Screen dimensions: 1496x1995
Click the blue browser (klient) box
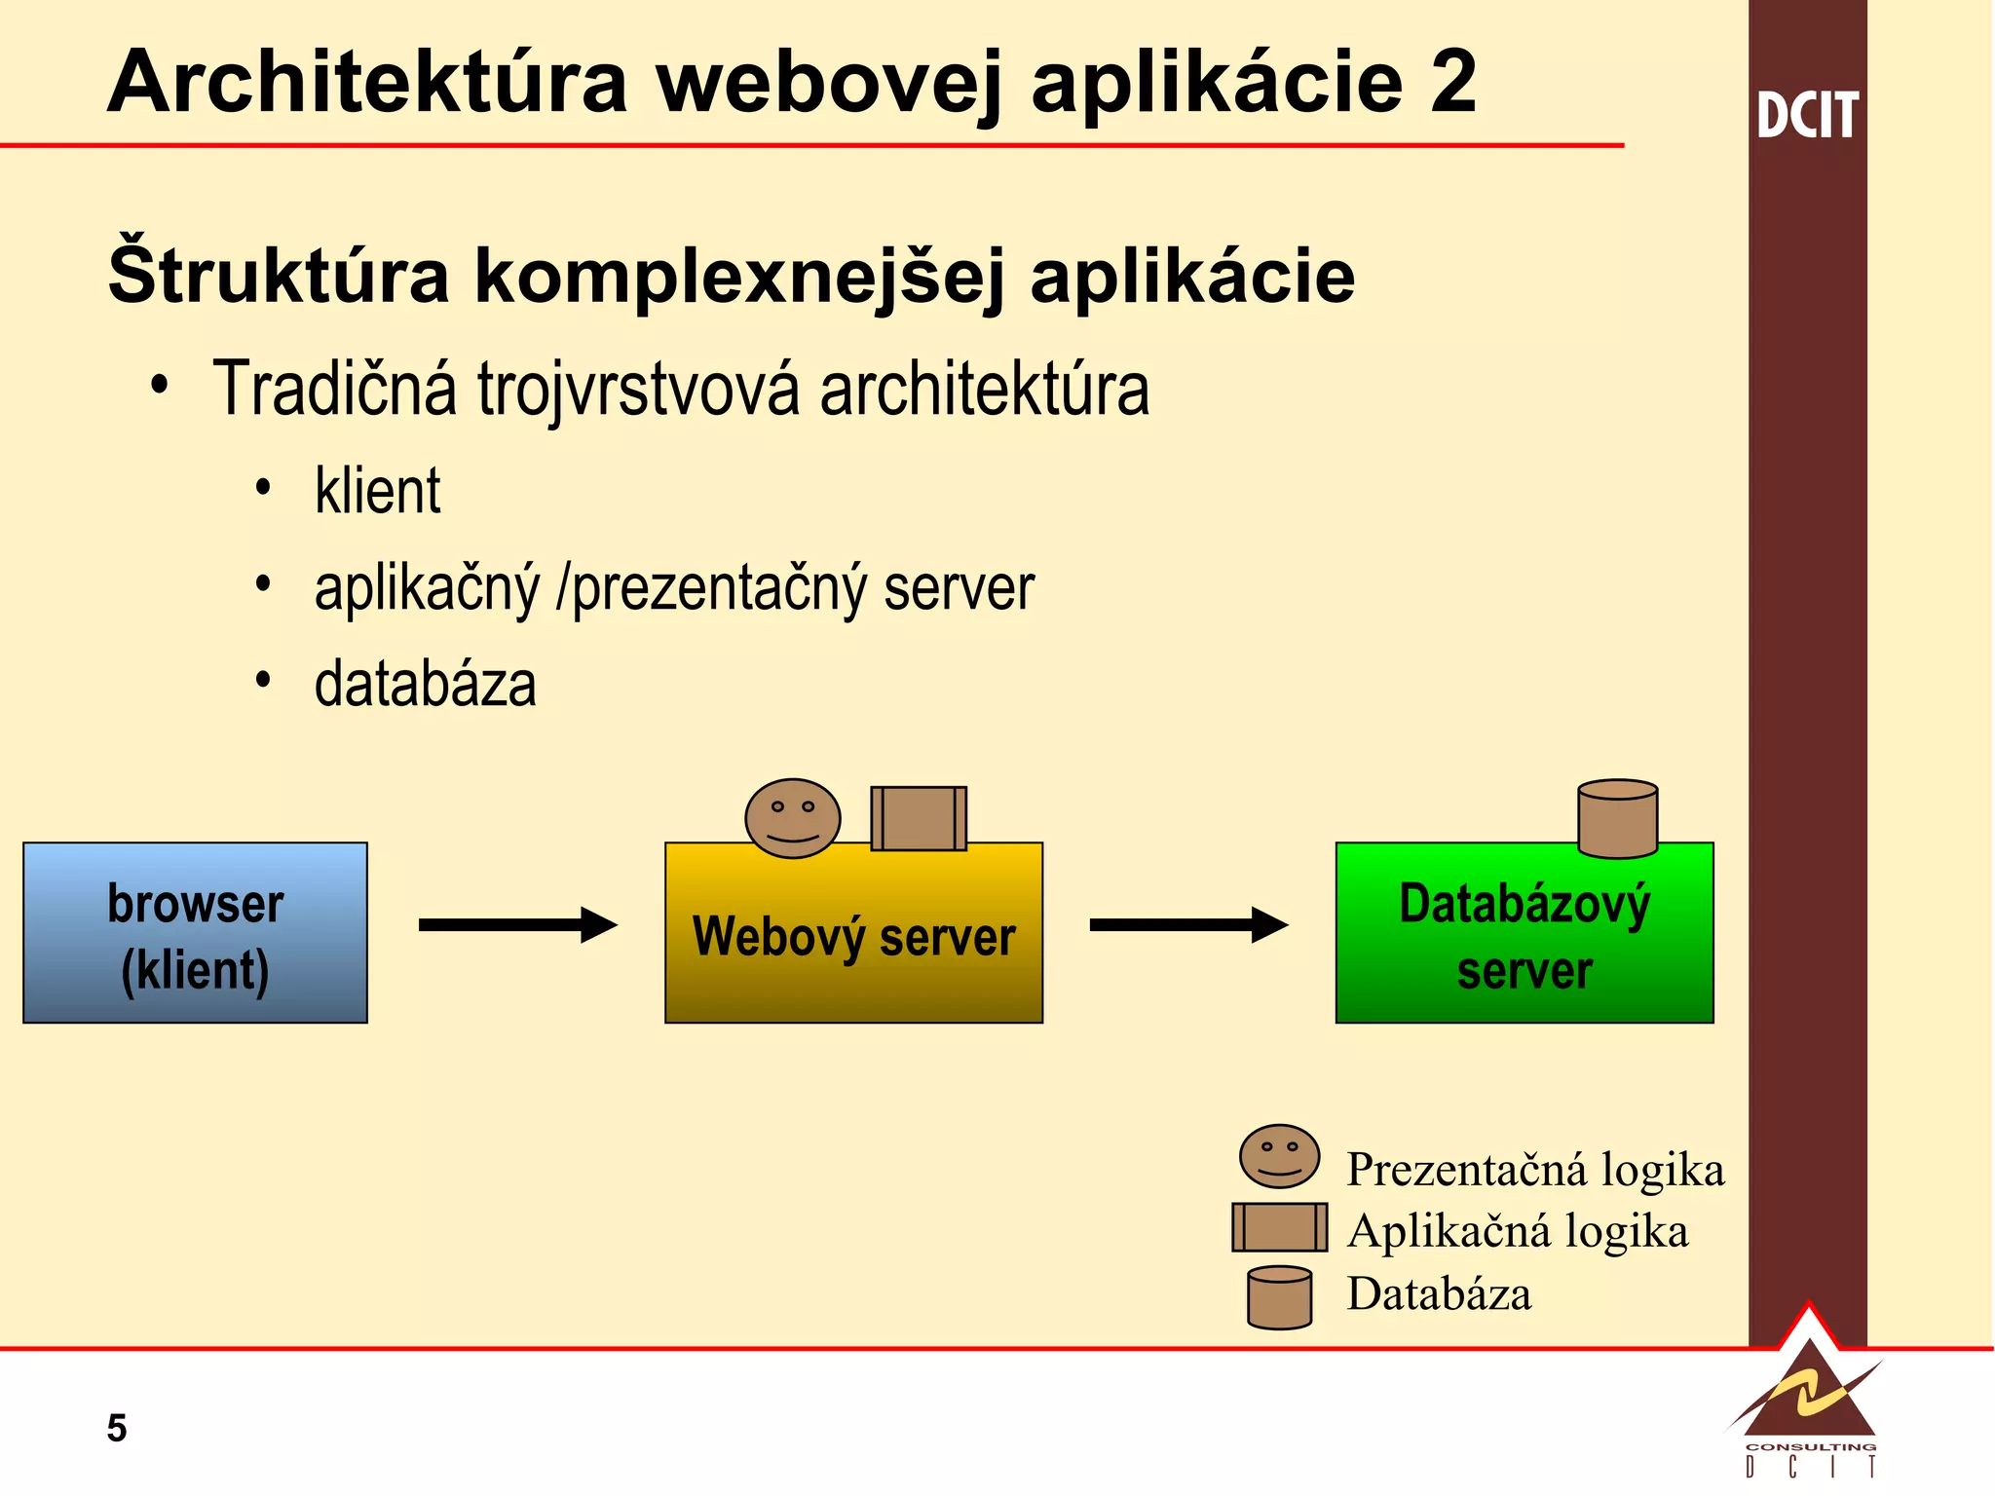tap(195, 932)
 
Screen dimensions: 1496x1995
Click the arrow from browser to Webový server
tap(517, 924)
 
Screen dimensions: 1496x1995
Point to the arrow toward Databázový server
tap(1187, 924)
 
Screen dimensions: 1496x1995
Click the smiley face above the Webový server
tap(792, 818)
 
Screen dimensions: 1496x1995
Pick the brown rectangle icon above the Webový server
tap(919, 818)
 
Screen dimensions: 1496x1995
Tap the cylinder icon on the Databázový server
tap(1617, 818)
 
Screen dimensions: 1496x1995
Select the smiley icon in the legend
tap(1279, 1156)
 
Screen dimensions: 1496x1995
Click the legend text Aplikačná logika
tap(1517, 1231)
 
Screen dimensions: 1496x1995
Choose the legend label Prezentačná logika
tap(1534, 1170)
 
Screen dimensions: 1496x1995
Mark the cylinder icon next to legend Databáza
tap(1279, 1297)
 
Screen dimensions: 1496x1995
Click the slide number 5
tap(117, 1428)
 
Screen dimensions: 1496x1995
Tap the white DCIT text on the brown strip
tap(1807, 115)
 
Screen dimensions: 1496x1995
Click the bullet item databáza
tap(425, 684)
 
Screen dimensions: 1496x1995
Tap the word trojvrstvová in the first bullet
tap(638, 390)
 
